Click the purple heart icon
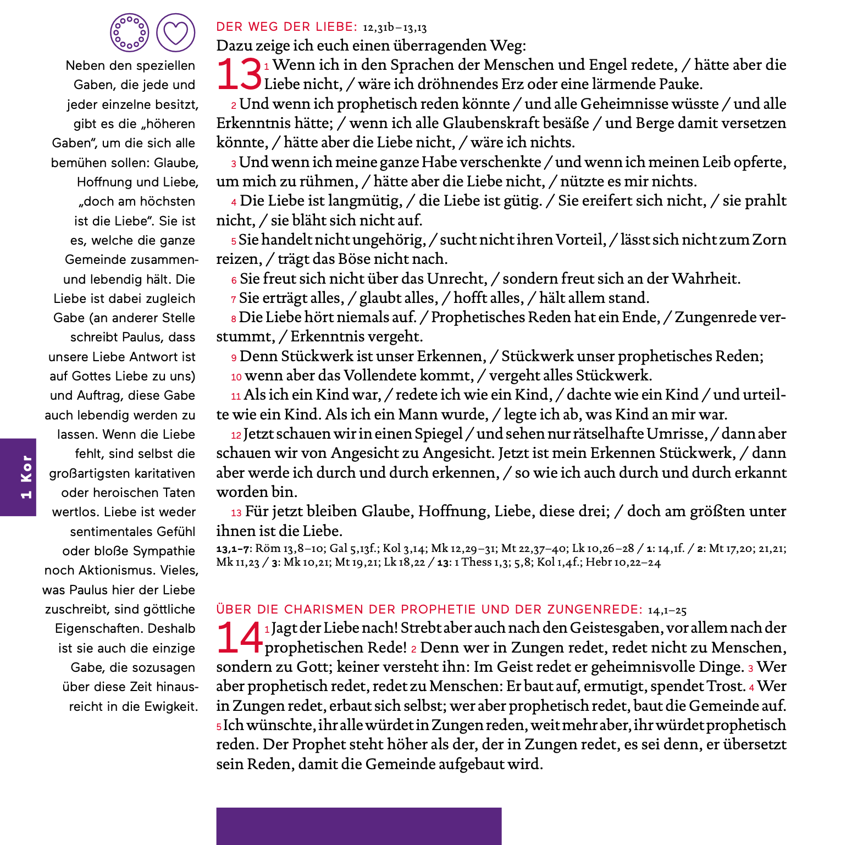click(176, 33)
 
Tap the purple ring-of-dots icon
click(129, 33)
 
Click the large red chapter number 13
click(239, 74)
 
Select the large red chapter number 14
click(240, 638)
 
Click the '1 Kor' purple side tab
click(18, 477)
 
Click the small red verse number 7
click(234, 300)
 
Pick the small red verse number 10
click(236, 377)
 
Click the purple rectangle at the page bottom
click(358, 826)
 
